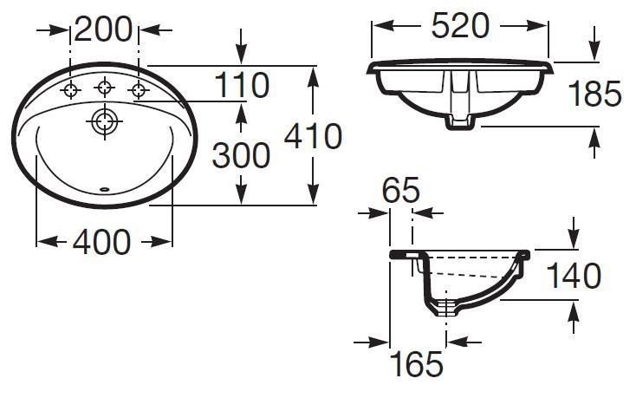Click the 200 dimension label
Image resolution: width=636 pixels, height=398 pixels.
(x=103, y=29)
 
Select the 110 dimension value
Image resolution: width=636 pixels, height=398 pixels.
(x=242, y=85)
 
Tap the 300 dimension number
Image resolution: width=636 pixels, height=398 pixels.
(x=241, y=155)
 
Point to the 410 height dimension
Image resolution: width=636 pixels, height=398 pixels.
(x=313, y=136)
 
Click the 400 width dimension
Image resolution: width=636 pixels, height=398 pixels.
(x=101, y=242)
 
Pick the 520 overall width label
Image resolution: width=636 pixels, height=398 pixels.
(x=460, y=25)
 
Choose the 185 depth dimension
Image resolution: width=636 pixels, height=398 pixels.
(x=594, y=94)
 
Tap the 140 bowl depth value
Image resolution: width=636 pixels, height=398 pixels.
(x=574, y=275)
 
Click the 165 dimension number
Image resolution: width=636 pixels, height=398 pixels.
(x=418, y=364)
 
